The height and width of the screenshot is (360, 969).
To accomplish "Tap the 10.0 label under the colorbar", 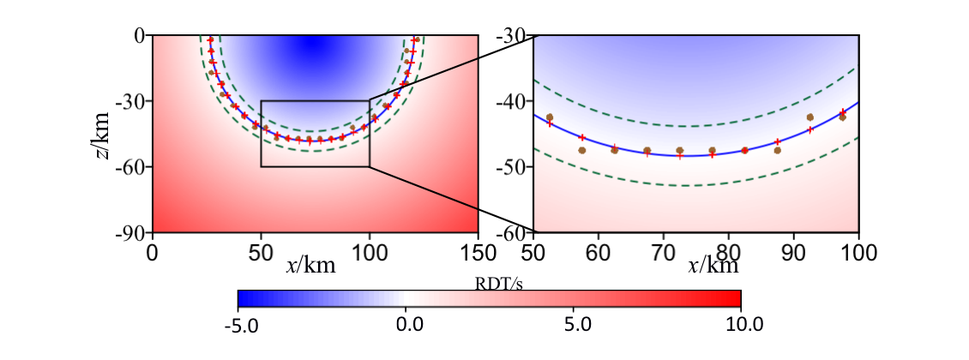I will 743,325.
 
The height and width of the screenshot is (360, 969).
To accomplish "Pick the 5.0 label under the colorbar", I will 578,325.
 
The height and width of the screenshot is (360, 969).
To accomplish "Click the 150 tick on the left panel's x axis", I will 478,252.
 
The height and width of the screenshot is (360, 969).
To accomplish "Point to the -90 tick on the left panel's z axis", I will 132,232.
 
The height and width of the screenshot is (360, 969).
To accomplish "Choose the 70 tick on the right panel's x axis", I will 664,252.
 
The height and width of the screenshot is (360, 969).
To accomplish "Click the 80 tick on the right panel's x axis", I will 729,252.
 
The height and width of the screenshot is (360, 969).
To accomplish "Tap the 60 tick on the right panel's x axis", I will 599,252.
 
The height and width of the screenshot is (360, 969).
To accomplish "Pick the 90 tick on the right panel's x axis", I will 794,252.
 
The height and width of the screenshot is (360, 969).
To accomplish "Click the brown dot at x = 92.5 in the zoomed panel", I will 810,117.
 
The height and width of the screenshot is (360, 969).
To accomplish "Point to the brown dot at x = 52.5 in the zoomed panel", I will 550,117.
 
